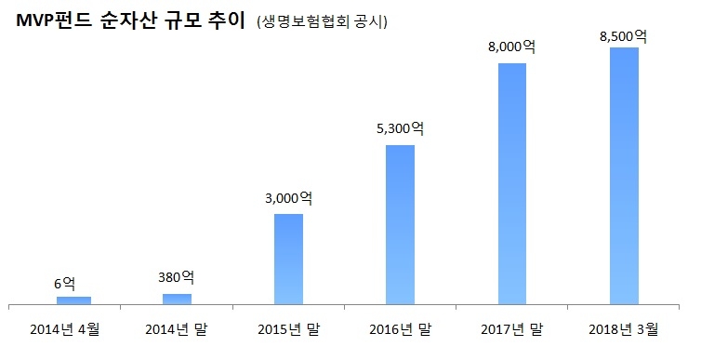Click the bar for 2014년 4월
click(74, 300)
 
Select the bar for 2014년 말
click(177, 299)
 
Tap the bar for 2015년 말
click(288, 259)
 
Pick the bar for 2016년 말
click(400, 224)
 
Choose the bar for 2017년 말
click(511, 183)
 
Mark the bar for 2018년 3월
click(623, 176)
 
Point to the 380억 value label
click(177, 278)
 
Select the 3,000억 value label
click(288, 198)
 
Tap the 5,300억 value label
click(400, 129)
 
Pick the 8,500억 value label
click(623, 35)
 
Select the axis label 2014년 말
click(177, 328)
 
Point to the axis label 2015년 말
click(288, 328)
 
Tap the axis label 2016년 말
click(400, 328)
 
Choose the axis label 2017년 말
click(511, 328)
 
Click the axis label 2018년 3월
click(623, 328)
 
